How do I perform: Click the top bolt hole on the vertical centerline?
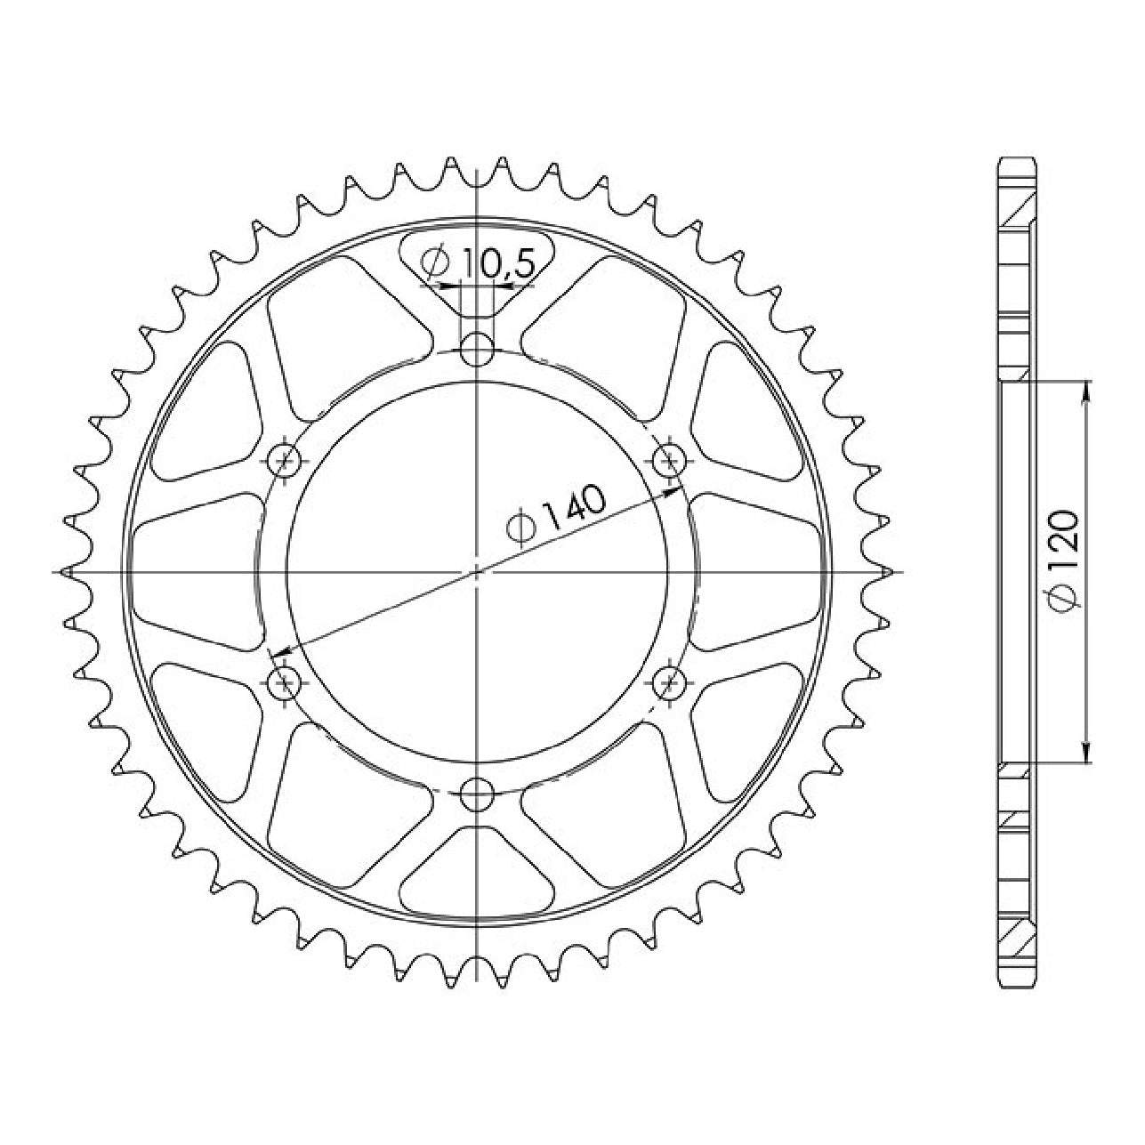(477, 350)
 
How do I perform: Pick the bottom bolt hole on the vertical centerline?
(477, 794)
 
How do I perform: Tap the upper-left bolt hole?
(286, 460)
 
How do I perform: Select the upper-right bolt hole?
(670, 460)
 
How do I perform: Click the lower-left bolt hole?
(286, 682)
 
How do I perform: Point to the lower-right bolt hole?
(670, 682)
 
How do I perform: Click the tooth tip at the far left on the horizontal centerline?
(65, 572)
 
